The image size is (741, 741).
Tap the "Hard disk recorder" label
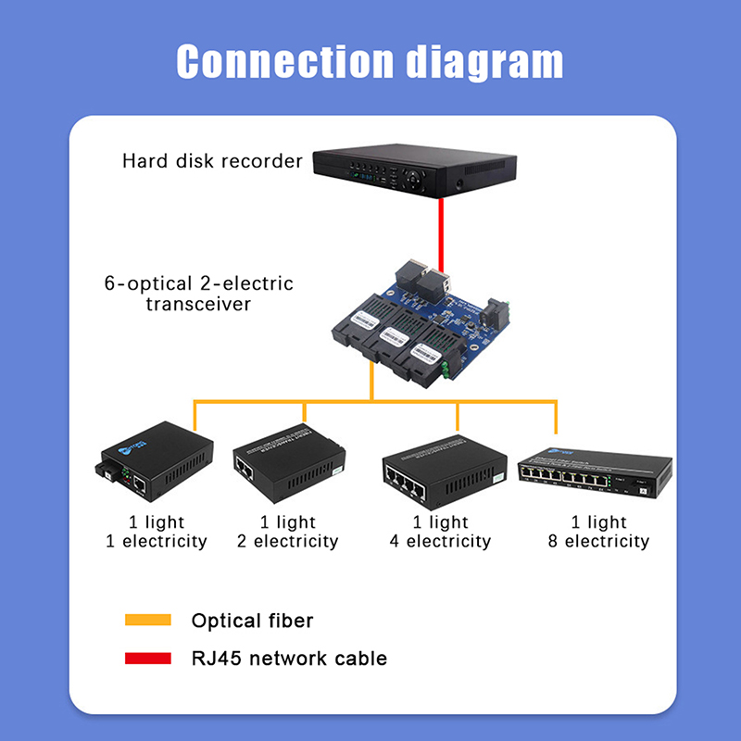point(212,161)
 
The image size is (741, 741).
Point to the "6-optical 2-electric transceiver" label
point(198,293)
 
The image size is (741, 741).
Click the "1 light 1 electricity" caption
point(156,532)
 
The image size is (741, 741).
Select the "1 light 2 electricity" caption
point(288,532)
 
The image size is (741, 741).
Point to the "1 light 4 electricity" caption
point(440,532)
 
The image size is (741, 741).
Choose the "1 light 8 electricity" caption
point(598,532)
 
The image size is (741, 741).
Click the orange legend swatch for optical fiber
point(148,620)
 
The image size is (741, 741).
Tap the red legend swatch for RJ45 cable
point(148,659)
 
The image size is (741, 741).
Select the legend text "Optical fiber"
point(251,621)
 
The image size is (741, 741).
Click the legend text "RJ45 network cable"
point(288,659)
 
